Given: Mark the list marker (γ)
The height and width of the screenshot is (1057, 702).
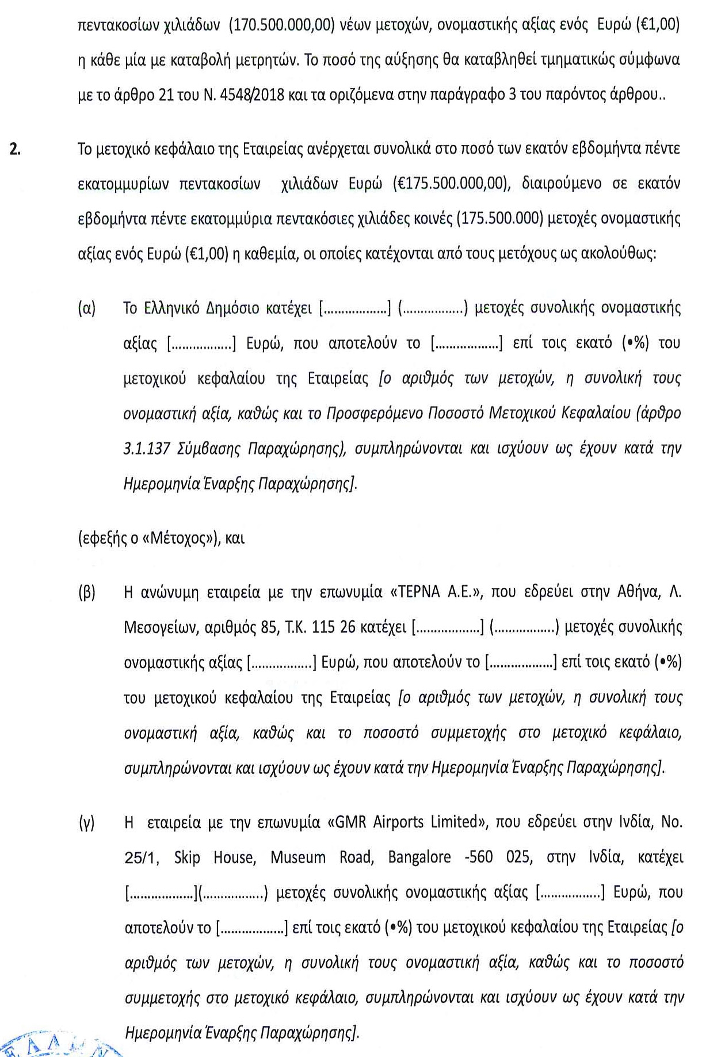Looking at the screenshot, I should pyautogui.click(x=86, y=822).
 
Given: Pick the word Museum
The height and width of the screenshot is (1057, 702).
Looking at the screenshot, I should pyautogui.click(x=298, y=857).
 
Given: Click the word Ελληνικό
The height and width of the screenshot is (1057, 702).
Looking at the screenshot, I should pyautogui.click(x=171, y=308).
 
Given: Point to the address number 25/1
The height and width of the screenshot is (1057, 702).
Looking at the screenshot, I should pyautogui.click(x=139, y=857).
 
